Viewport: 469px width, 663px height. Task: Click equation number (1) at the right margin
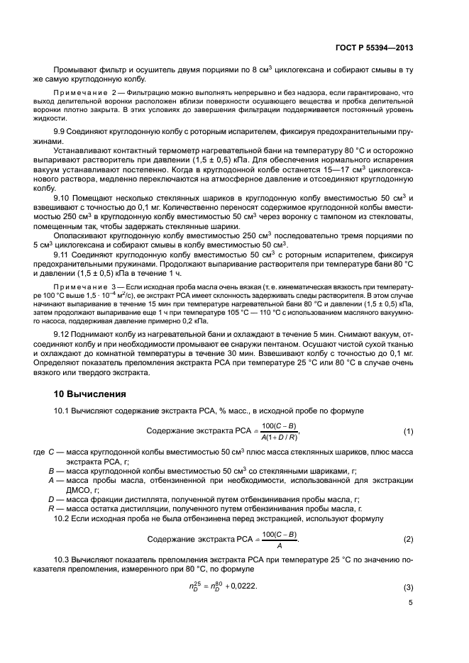[408, 432]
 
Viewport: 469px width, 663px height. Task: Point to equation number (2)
[408, 520]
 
